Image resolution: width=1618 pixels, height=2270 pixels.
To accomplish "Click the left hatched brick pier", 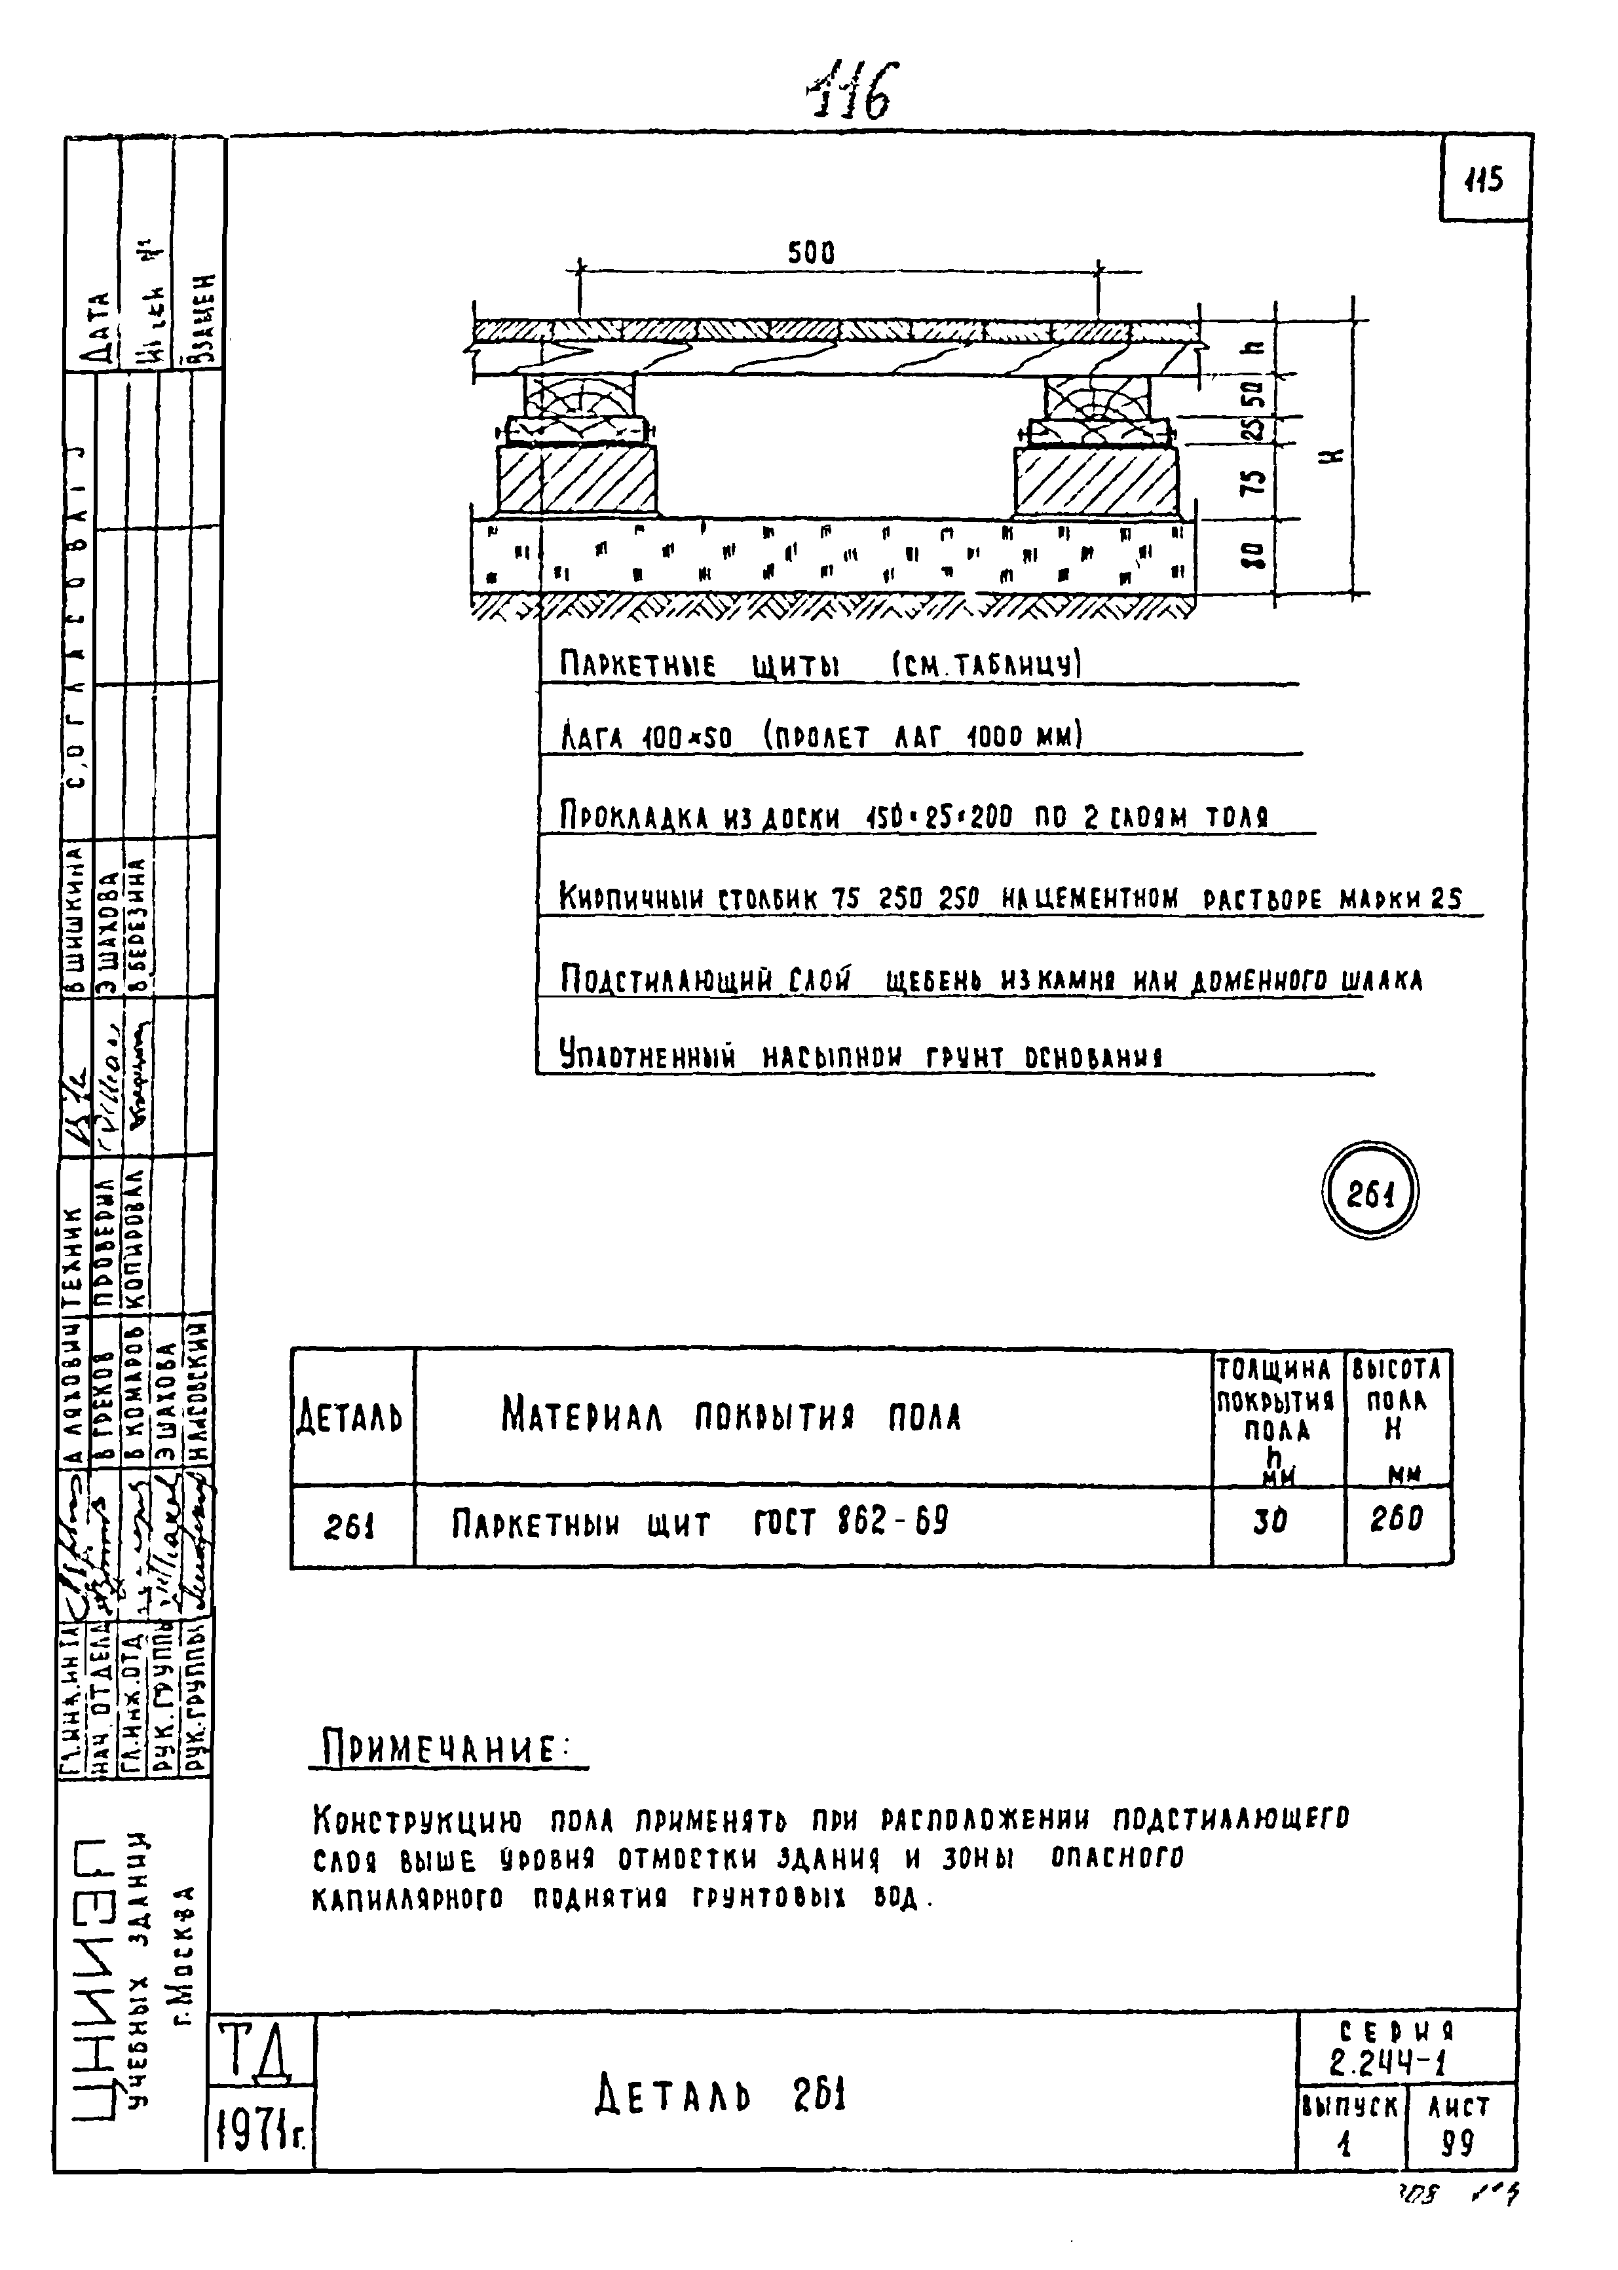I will tap(578, 480).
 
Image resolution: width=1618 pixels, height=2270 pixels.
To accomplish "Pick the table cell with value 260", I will tap(1396, 1520).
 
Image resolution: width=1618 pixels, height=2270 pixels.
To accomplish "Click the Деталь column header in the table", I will tap(350, 1417).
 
